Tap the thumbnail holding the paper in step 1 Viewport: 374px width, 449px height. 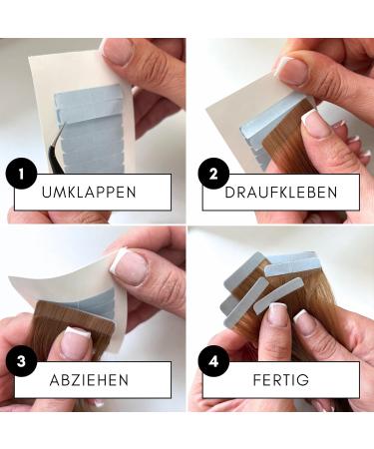118,50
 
